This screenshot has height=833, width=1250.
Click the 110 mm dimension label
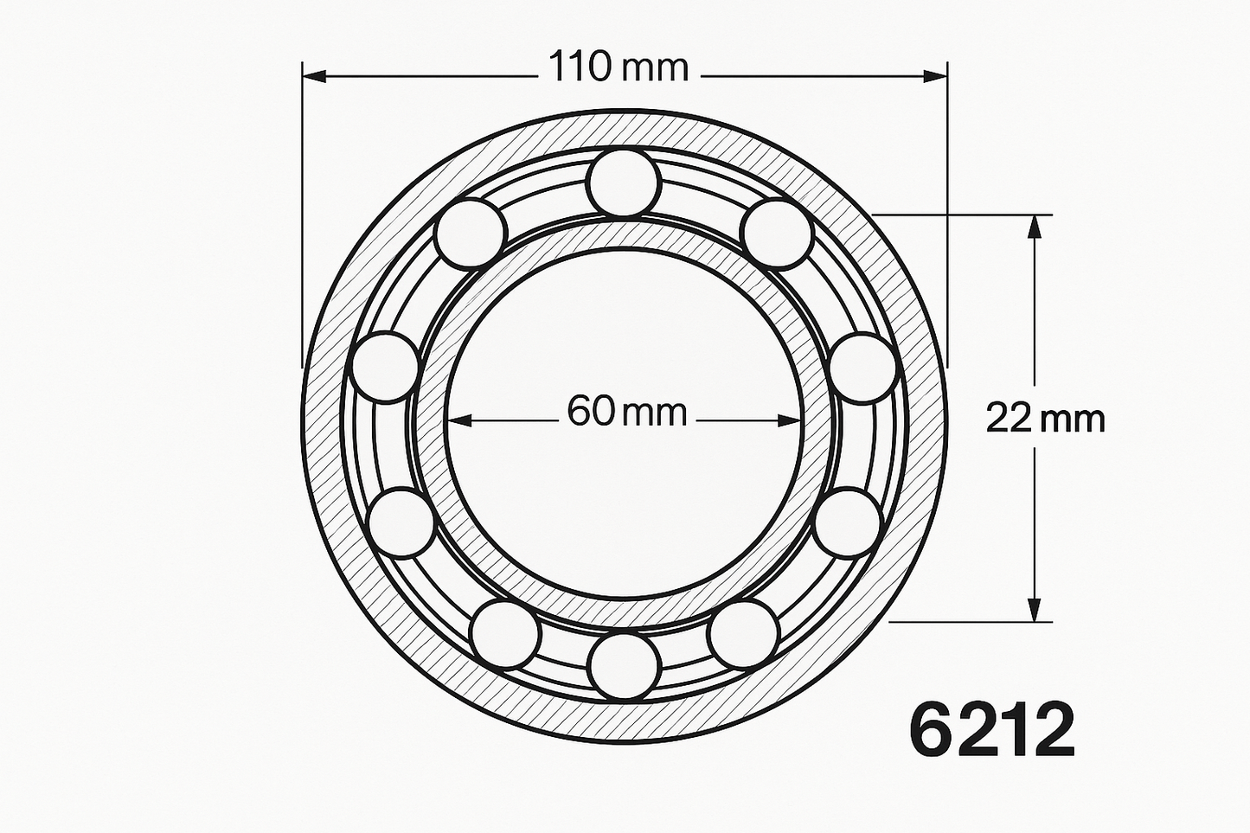[619, 67]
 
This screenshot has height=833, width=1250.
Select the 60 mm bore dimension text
[626, 413]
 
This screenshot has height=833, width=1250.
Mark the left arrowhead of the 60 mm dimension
[458, 420]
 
